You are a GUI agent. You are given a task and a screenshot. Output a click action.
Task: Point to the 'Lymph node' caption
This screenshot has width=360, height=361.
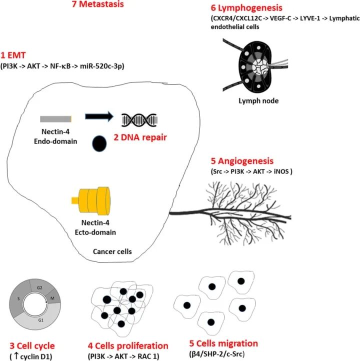point(244,100)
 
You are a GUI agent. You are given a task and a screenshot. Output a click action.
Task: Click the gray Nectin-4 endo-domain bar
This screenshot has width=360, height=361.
point(56,119)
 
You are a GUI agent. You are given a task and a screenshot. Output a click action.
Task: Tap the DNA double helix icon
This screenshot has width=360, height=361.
point(140,119)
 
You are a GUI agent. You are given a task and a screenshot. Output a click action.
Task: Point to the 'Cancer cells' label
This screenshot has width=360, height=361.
point(112,251)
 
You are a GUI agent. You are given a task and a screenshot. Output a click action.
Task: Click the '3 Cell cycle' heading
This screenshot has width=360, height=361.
point(32,346)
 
